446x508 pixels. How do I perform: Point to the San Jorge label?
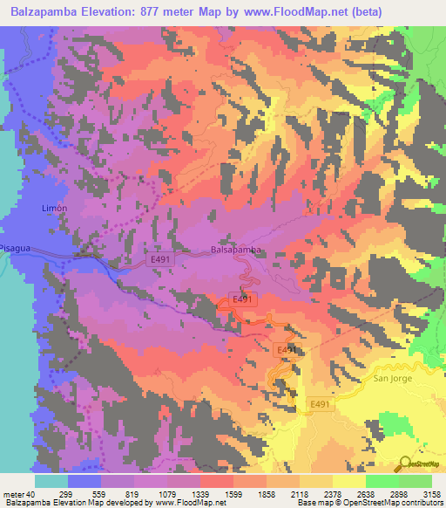coord(391,378)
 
